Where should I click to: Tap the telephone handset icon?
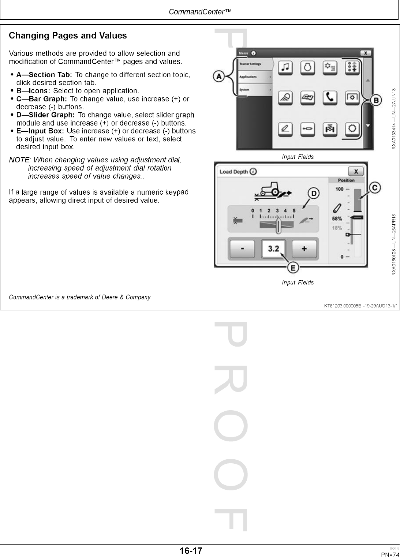pos(330,97)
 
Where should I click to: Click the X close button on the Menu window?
pos(365,53)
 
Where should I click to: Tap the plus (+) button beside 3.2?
pos(304,249)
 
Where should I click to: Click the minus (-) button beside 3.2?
pos(243,249)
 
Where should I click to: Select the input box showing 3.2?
pos(273,249)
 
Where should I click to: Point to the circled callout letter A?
pos(219,76)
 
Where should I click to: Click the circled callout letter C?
pos(375,188)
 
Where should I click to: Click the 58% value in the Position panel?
pos(337,218)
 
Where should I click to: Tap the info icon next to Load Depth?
pos(253,172)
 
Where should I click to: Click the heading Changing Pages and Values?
pos(68,35)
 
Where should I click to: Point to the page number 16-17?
pos(191,550)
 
